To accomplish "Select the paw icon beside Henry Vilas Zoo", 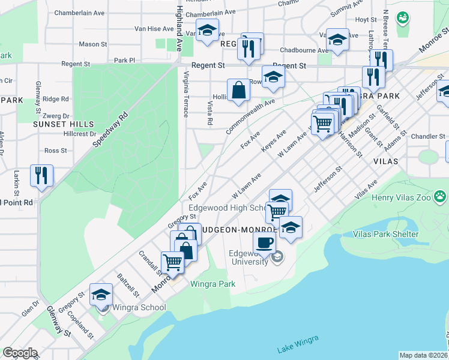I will (441, 196).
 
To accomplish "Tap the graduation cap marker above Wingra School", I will (101, 295).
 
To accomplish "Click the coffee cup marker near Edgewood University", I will (264, 242).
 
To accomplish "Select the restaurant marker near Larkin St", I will (41, 176).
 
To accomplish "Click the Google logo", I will (19, 353).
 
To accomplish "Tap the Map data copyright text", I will (424, 356).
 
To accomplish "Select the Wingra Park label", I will (212, 284).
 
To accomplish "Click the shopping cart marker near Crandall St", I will (172, 263).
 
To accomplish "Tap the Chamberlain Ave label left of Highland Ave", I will (79, 12).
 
